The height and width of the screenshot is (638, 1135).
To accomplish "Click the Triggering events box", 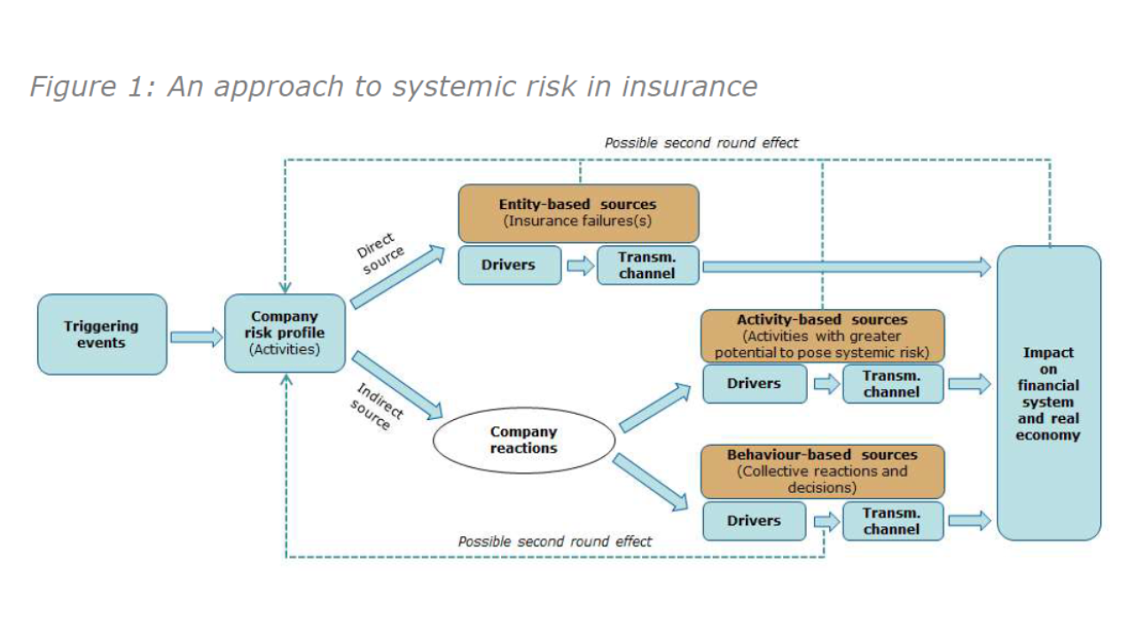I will coord(102,334).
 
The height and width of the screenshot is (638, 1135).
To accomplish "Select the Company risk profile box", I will coord(285,333).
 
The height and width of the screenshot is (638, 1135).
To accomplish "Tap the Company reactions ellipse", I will coord(523,440).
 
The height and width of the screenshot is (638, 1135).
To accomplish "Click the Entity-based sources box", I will coord(578,213).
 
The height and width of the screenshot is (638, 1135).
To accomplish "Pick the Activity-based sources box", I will coord(822,336).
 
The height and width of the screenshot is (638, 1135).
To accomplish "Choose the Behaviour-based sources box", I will coord(822,471).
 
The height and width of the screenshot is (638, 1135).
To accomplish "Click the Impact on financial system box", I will coord(1048,393).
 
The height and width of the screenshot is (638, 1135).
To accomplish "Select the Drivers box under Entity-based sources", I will coord(509,265).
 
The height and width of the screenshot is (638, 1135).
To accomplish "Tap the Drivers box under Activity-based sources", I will coord(754,384).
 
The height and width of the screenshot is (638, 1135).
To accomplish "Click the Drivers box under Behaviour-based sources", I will coord(754,521).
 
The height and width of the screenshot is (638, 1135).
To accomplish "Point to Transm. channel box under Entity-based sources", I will coord(647,265).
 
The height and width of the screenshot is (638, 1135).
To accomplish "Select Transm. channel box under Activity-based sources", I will coord(892,384).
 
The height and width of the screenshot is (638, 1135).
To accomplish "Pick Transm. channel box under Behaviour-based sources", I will coord(892,521).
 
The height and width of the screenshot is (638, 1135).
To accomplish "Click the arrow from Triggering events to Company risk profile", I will coord(196,337).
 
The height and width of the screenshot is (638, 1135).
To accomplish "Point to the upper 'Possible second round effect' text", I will coord(701,143).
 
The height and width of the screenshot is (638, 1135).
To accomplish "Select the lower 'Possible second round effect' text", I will coord(554,541).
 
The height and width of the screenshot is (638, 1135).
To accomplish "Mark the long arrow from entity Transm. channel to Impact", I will coord(847,265).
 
